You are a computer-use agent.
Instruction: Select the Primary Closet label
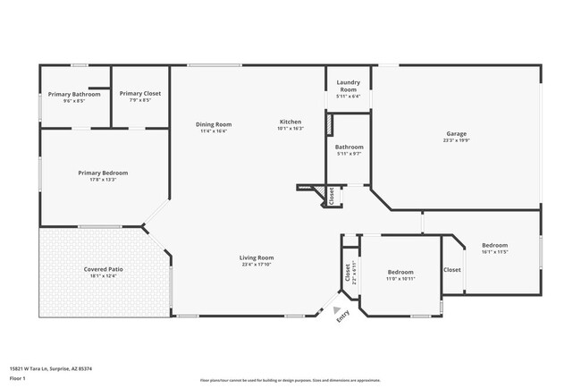click(x=139, y=93)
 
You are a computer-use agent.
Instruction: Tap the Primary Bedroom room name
click(x=103, y=173)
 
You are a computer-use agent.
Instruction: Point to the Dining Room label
click(x=214, y=124)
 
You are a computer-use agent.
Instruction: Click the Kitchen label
click(x=290, y=122)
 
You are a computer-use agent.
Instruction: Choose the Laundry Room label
click(x=349, y=86)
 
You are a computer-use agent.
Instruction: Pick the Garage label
click(x=457, y=133)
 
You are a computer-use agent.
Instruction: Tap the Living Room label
click(x=257, y=257)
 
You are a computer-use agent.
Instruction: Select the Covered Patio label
click(x=103, y=268)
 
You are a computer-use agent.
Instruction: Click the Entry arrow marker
click(x=337, y=310)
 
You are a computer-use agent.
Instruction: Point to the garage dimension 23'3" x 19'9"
click(x=457, y=140)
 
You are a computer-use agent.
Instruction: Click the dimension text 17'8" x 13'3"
click(x=103, y=180)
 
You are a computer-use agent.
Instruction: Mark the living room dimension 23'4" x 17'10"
click(x=257, y=265)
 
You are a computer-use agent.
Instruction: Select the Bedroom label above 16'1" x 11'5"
click(x=495, y=245)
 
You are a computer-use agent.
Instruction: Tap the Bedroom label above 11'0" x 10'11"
click(x=400, y=272)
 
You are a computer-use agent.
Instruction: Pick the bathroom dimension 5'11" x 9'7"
click(x=349, y=154)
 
